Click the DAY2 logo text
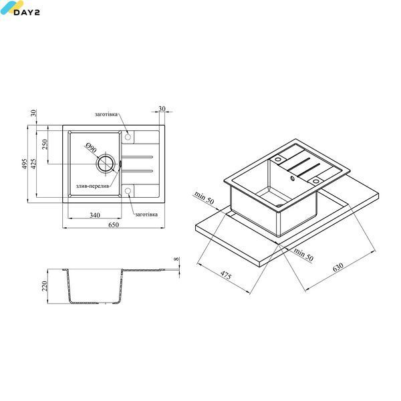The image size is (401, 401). [x=27, y=12]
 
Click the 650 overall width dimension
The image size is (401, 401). [x=114, y=225]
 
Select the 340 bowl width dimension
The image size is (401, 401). [x=95, y=215]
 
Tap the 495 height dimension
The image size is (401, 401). [x=24, y=164]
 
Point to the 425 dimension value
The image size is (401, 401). [x=33, y=164]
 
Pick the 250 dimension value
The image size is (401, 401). [x=45, y=144]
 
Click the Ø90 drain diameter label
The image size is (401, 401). [x=91, y=148]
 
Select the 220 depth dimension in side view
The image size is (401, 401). [x=45, y=286]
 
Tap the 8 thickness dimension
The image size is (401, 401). [x=176, y=259]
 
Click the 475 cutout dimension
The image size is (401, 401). [x=226, y=275]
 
